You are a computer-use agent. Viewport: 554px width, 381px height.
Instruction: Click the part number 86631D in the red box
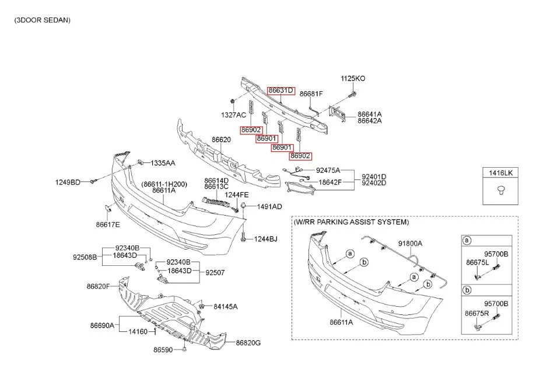280,91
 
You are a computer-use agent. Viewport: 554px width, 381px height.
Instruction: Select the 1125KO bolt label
353,78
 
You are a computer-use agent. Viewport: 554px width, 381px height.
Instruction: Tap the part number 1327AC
233,115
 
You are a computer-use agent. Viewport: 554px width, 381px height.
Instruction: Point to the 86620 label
221,140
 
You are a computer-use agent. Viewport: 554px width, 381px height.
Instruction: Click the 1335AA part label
163,162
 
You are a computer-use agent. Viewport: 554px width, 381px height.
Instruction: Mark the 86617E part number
108,224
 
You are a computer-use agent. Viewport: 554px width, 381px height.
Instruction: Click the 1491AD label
269,206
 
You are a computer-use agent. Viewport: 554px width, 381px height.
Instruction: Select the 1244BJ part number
265,238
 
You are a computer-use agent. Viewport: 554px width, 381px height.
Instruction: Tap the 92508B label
85,257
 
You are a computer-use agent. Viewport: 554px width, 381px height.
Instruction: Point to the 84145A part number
226,306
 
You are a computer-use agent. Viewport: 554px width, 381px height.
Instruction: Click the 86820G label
248,342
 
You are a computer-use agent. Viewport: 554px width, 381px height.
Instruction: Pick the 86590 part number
163,350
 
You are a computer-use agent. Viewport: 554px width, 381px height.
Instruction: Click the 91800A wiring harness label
410,243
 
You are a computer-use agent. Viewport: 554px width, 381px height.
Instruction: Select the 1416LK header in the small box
500,174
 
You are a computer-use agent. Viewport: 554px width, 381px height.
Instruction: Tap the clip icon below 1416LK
500,189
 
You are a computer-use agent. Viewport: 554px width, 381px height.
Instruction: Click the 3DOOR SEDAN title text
43,20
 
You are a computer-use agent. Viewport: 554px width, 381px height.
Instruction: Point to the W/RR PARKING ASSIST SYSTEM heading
351,223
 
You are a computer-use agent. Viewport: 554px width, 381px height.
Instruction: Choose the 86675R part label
476,313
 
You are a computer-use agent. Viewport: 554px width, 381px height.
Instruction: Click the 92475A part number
328,170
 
